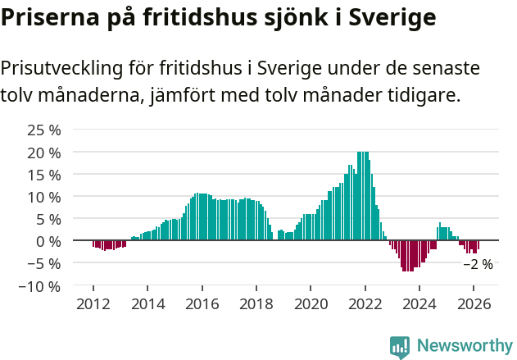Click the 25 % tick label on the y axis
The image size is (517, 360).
pos(44,130)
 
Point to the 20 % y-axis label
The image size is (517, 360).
pos(44,153)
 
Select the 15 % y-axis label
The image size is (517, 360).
pos(44,175)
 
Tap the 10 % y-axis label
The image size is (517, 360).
pos(44,197)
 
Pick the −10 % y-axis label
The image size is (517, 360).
pos(40,286)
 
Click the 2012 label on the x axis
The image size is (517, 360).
pos(93,303)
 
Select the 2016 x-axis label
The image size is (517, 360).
pos(202,303)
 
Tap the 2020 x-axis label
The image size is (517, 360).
pos(311,303)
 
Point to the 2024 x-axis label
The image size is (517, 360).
pos(419,303)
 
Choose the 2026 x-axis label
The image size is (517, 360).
pos(474,303)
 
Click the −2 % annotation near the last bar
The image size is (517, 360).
pos(478,264)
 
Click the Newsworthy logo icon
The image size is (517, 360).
pos(400,346)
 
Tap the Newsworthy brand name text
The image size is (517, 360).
pos(465,346)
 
